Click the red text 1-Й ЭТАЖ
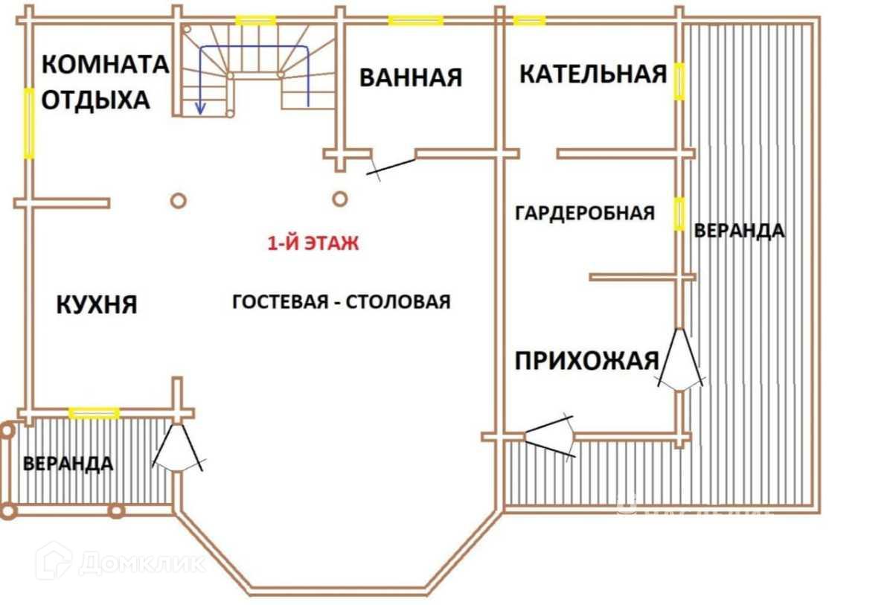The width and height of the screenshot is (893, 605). [313, 243]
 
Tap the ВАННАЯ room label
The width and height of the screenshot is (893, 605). [410, 77]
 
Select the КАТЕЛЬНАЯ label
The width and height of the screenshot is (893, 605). [592, 74]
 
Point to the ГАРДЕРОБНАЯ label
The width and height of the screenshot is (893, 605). [585, 214]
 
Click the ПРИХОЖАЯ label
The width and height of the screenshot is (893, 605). [587, 361]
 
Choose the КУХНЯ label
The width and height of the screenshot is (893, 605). [97, 304]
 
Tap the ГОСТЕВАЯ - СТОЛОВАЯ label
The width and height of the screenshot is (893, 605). [342, 301]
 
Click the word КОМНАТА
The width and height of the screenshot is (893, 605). [105, 65]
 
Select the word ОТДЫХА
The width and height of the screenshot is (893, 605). [95, 100]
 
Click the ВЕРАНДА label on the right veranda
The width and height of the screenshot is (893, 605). [739, 231]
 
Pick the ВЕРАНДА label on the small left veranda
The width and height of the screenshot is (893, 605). [68, 464]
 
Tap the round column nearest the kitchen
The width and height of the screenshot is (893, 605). [178, 200]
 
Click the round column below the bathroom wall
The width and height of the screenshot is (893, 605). [339, 199]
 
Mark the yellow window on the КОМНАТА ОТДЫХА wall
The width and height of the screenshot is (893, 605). [29, 123]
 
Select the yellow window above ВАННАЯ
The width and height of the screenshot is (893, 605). [416, 20]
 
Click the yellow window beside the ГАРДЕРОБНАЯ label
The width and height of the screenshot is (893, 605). [679, 214]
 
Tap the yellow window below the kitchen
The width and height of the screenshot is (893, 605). [94, 413]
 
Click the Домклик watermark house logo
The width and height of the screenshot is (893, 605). [54, 560]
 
